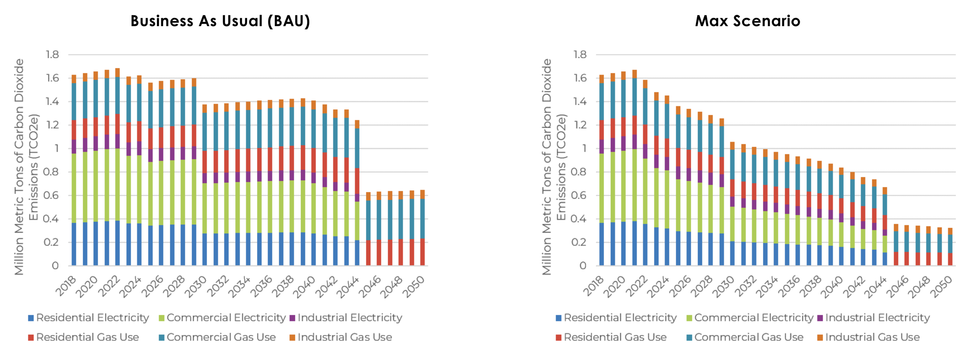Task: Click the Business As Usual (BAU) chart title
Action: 220,21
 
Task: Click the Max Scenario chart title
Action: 747,21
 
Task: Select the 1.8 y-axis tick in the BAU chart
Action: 52,54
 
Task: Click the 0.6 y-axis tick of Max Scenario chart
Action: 580,195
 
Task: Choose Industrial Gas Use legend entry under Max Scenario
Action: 872,337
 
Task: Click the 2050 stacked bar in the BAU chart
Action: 422,227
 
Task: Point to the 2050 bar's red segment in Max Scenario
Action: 950,259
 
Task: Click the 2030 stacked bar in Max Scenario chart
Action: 732,205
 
